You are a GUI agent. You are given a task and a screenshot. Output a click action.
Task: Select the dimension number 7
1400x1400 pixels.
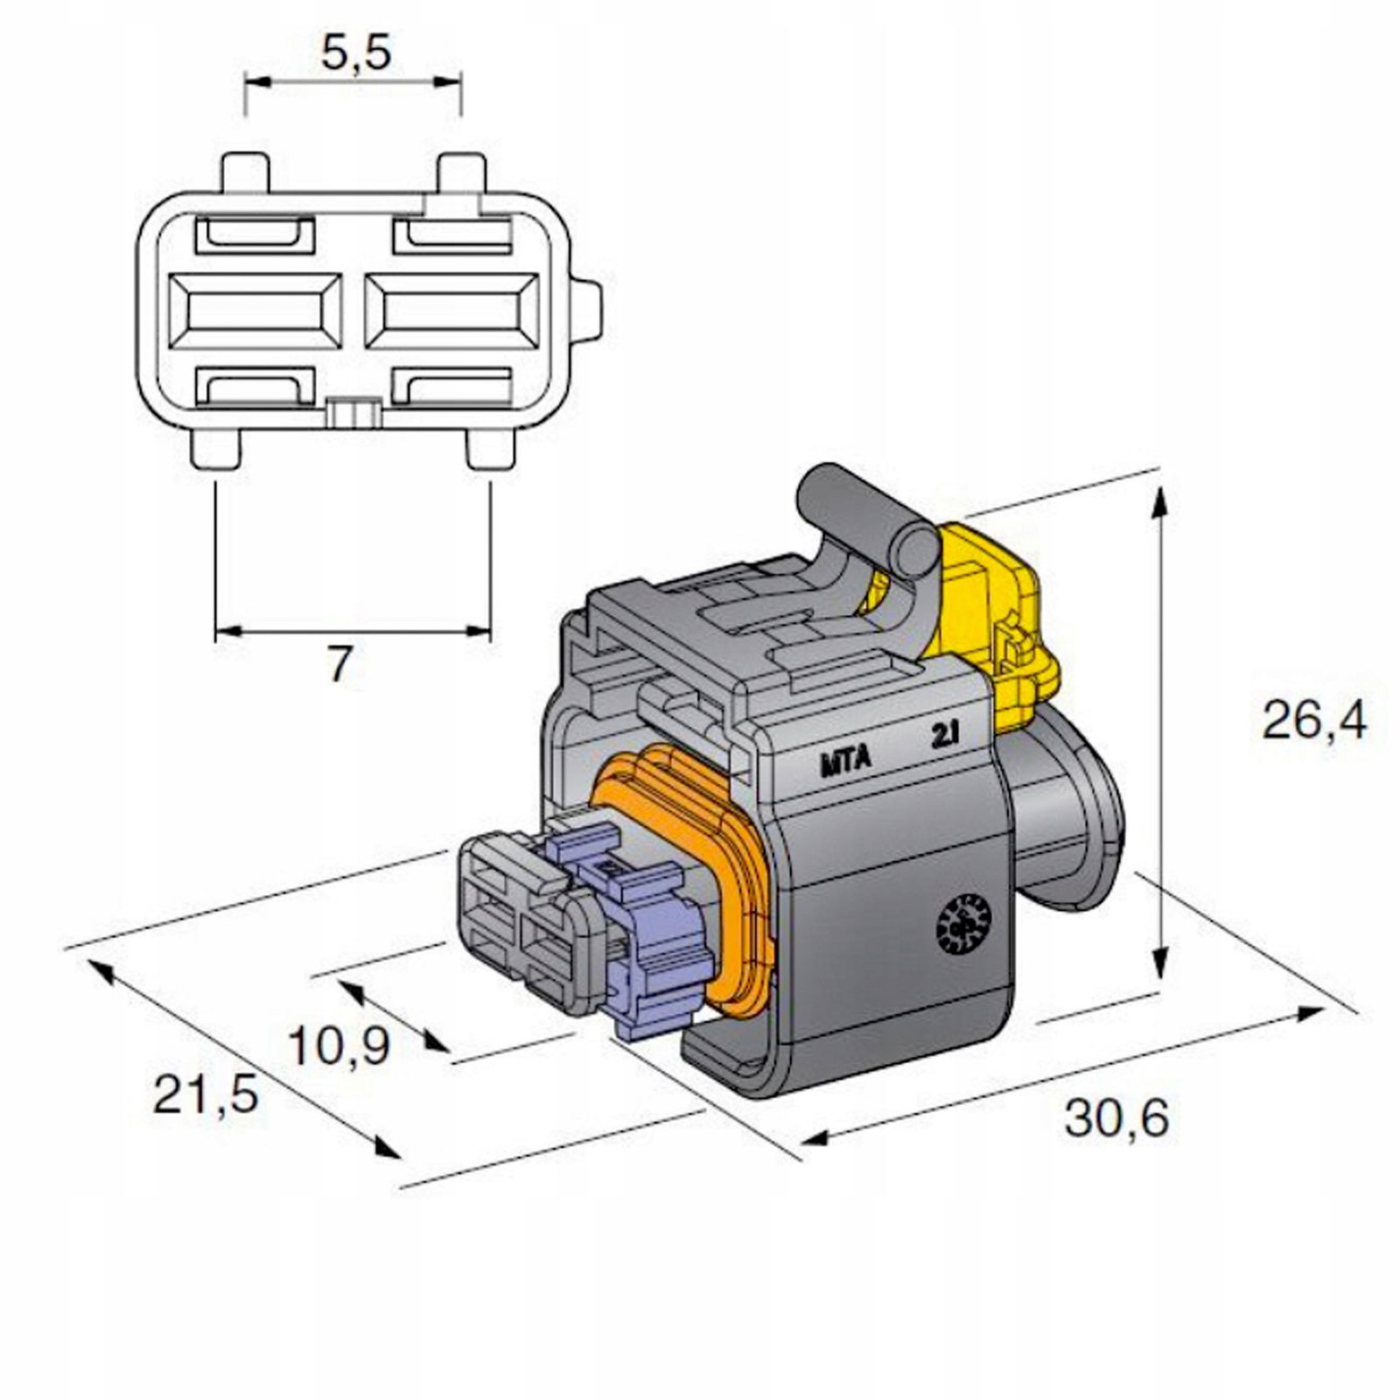[339, 667]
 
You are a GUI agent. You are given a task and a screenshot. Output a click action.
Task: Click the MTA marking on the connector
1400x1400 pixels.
[845, 760]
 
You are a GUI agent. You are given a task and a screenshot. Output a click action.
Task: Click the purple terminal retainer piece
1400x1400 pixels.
[656, 945]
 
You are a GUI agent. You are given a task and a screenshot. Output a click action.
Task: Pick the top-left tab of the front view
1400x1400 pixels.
[244, 173]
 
